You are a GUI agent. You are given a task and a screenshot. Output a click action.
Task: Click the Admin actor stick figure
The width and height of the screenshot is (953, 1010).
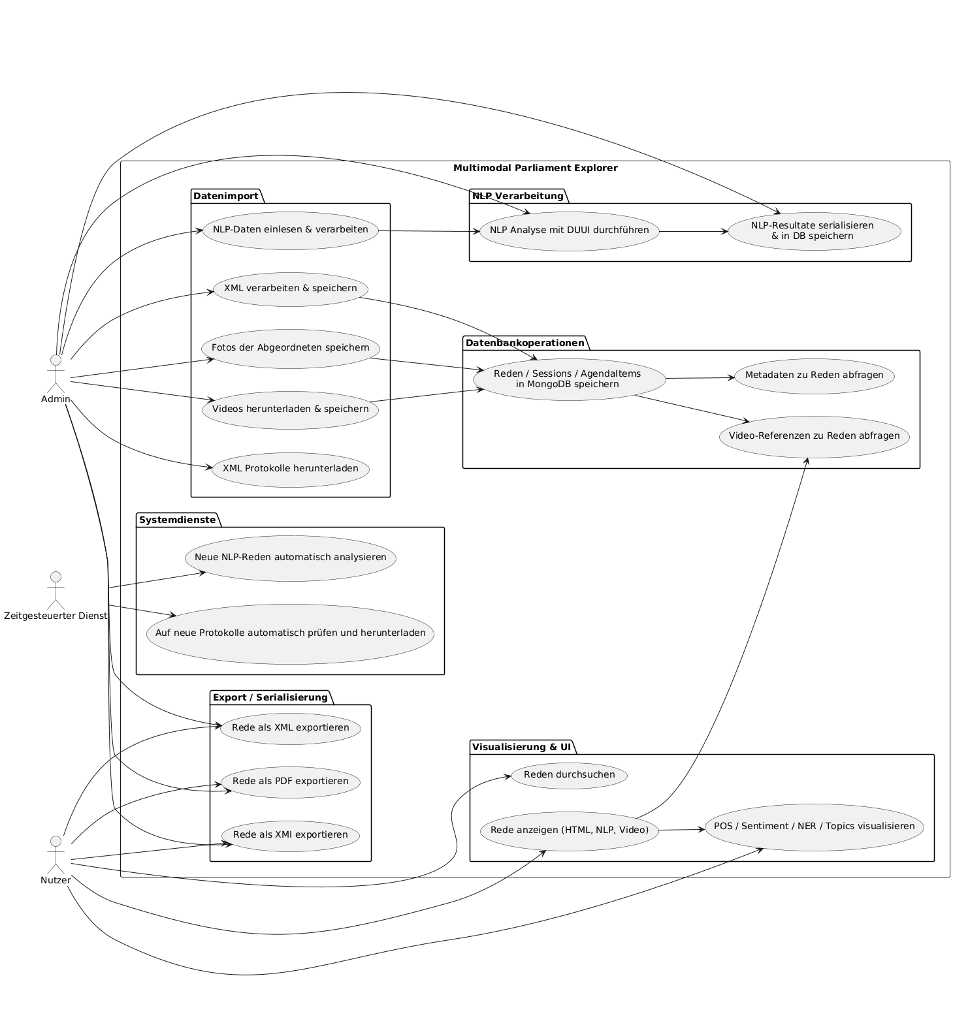pos(56,375)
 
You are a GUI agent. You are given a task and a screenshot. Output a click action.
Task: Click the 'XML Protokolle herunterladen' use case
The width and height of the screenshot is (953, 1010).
pos(290,469)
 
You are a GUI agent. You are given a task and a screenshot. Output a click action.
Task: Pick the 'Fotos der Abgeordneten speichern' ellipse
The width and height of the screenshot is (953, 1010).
pos(290,348)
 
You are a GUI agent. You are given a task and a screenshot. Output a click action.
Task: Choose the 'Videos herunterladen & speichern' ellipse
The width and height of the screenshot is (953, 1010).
pos(290,409)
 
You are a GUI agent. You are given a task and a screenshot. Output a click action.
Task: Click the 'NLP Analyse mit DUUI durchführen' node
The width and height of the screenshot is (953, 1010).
pos(569,230)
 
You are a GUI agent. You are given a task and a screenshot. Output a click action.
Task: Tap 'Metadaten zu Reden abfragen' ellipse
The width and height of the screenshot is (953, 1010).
pos(814,375)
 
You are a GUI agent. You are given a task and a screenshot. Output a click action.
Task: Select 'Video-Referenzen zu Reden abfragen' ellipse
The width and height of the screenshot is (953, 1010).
pos(814,436)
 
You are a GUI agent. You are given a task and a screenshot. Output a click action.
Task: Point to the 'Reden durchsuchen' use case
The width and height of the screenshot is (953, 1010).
pos(569,775)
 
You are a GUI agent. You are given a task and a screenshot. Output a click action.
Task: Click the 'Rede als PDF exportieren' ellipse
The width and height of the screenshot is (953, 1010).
pos(290,781)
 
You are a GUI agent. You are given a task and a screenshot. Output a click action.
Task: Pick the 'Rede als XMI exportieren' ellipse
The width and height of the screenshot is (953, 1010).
pos(290,835)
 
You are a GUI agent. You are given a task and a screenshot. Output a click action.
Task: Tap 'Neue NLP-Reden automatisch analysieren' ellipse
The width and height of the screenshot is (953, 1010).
pos(290,558)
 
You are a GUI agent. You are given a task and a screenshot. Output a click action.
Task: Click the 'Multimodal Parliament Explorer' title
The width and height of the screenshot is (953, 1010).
pos(535,168)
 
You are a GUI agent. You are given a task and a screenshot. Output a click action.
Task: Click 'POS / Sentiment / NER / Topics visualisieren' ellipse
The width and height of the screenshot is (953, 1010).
pos(814,827)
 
